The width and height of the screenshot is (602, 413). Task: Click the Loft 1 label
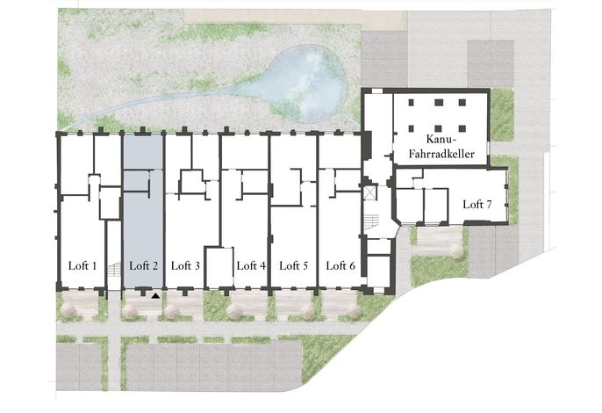pos(82,265)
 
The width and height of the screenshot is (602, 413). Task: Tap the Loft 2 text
pos(144,265)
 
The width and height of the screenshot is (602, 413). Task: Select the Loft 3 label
pos(185,265)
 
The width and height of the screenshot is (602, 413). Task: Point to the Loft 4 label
pos(251,265)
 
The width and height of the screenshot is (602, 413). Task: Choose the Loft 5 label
pos(294,265)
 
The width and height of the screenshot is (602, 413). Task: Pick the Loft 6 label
pos(340,265)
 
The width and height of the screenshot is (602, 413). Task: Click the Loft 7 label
pos(477,204)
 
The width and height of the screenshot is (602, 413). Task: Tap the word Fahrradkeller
pos(441,154)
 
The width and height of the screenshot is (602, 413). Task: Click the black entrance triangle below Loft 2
pos(155,296)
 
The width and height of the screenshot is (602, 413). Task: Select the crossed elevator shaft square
pos(369,193)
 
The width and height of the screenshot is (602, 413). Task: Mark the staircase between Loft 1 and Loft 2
pos(114,269)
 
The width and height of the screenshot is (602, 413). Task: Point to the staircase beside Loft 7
pos(371,222)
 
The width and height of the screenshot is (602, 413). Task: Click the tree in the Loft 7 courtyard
pos(457,251)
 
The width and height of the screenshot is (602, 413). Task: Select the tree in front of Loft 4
pos(235,312)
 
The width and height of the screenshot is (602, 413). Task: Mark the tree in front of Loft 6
pos(354,312)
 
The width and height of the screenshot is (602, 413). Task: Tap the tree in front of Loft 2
pos(131,312)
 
